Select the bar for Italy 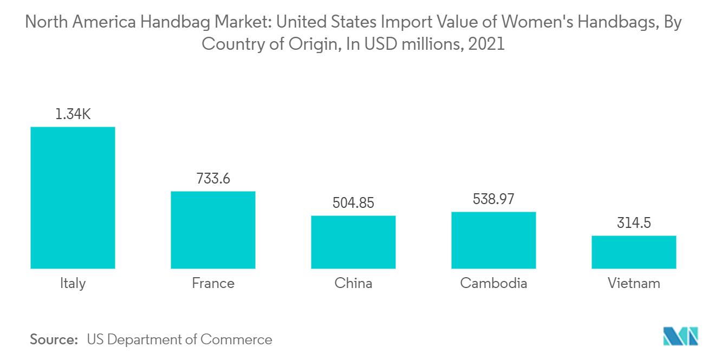73,198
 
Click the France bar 213,230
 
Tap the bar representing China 353,242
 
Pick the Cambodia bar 493,240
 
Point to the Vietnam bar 634,252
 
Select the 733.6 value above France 213,178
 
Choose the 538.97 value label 493,199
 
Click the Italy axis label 73,283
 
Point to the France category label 213,283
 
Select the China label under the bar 353,283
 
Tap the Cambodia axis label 493,283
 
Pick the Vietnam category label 634,283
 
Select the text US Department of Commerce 179,339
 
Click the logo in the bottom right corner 681,336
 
